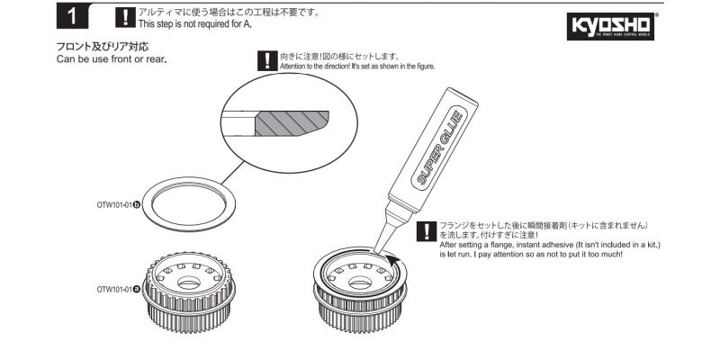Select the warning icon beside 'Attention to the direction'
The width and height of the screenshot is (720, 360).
click(265, 61)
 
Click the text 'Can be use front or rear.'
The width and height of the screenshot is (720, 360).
click(112, 59)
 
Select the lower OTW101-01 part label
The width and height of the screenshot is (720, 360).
click(118, 289)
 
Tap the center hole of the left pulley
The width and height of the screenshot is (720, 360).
click(190, 283)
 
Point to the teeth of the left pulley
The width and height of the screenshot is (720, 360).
click(190, 310)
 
